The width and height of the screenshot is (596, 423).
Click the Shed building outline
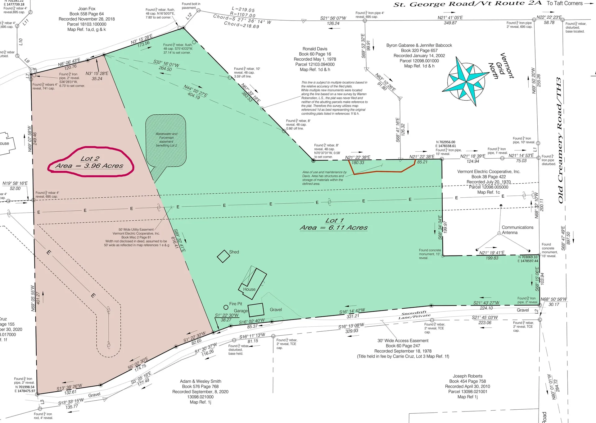coord(223,256)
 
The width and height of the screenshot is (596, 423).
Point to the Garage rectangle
coord(256,310)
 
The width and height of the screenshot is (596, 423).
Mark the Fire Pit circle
coord(226,307)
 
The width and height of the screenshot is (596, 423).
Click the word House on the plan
coord(249,289)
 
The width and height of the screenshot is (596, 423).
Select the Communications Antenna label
coord(517,230)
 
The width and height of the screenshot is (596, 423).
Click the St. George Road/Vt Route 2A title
coord(467,4)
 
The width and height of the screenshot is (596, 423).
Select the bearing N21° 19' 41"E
coord(492,253)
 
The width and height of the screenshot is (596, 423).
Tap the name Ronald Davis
coord(315,49)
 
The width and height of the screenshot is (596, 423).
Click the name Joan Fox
coord(87,9)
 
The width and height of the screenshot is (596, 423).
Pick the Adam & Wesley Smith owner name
coord(201,381)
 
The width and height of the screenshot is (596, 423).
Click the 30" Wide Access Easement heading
coord(403,341)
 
